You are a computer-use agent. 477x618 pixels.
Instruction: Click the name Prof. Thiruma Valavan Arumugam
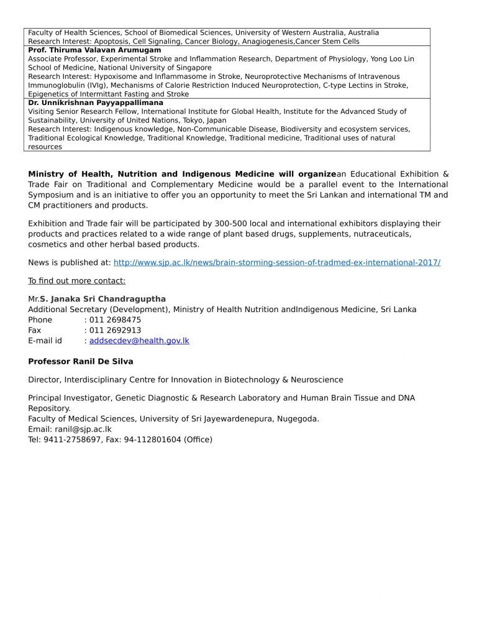(x=94, y=50)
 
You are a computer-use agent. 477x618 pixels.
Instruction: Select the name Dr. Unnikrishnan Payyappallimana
(x=96, y=103)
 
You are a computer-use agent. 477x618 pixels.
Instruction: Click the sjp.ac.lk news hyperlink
(x=277, y=263)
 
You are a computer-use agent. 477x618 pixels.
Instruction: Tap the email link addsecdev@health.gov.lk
(x=139, y=341)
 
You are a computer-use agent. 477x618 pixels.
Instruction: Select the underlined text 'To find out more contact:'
(x=77, y=280)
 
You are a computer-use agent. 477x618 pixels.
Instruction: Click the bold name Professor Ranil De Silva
(x=81, y=361)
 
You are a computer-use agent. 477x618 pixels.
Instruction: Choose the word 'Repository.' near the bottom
(x=50, y=408)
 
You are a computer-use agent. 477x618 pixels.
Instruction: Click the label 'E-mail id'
(x=45, y=341)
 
